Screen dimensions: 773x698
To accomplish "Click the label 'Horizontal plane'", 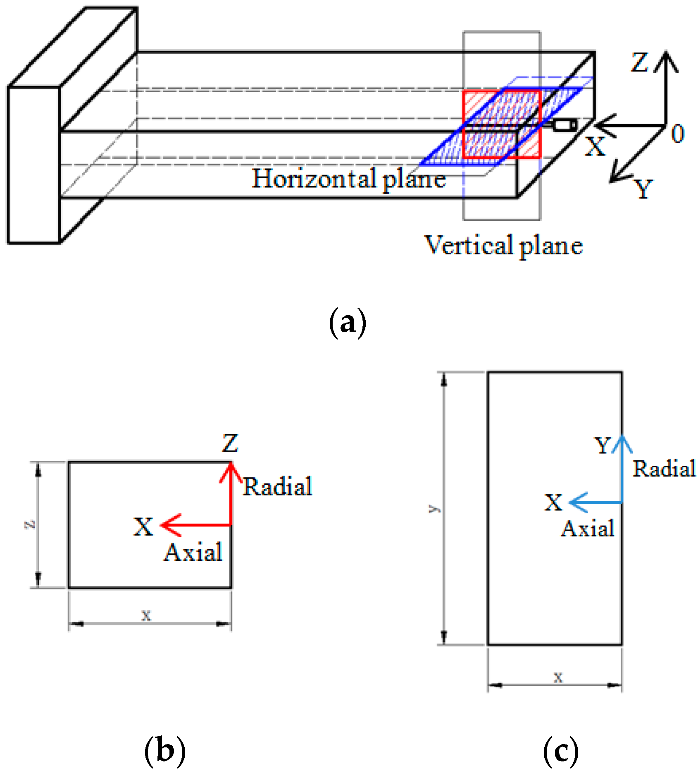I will pos(348,179).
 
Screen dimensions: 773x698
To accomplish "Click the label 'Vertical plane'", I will pos(503,245).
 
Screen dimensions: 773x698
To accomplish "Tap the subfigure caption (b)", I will pos(164,751).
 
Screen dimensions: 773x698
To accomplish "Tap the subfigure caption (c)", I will pos(560,751).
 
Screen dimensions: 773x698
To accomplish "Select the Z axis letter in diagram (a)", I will pos(639,63).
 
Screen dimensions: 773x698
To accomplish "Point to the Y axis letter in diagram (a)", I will pos(643,189).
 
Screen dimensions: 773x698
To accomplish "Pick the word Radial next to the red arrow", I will pos(277,486).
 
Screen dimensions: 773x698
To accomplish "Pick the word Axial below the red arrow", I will pos(193,552).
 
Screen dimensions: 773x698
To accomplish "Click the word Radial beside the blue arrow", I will pos(664,469).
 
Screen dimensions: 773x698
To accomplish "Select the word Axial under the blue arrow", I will pos(587,529).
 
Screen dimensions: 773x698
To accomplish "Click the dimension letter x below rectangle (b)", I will pos(146,615).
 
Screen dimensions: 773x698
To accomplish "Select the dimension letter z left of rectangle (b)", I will pos(30,524).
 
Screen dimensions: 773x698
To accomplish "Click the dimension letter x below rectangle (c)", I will pos(558,677).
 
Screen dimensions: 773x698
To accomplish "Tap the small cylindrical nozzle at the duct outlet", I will pos(564,125).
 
